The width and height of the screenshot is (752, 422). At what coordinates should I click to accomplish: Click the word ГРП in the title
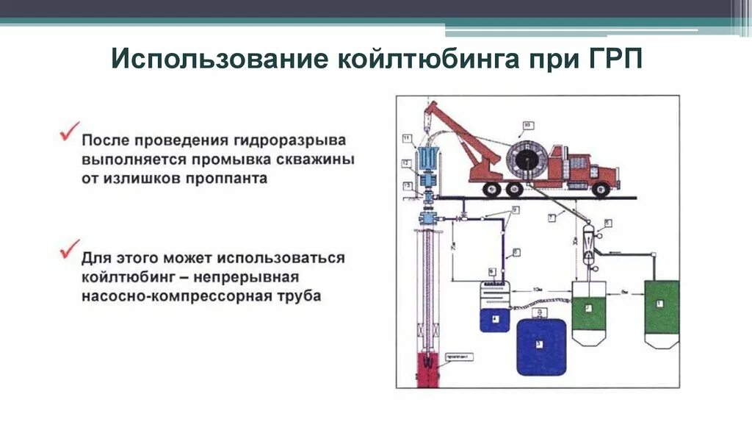tap(616, 60)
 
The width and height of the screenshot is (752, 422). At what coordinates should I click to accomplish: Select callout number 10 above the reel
tap(526, 126)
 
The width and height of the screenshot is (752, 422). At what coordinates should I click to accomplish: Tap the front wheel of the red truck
tap(601, 189)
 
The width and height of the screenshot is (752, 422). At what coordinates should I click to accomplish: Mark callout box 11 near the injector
tap(406, 137)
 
